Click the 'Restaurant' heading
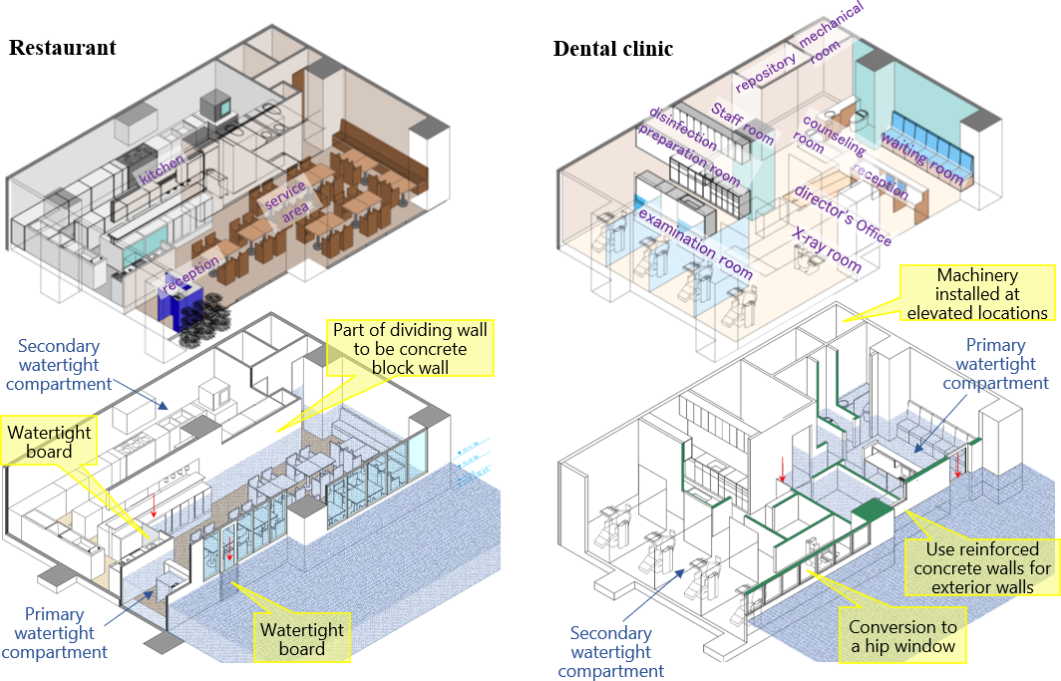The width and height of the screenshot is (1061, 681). click(62, 48)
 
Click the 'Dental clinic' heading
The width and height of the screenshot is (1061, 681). click(613, 49)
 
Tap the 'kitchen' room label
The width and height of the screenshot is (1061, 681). click(162, 170)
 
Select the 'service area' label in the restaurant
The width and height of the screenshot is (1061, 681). click(283, 202)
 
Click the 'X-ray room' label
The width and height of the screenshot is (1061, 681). click(826, 248)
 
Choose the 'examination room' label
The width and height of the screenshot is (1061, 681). click(695, 243)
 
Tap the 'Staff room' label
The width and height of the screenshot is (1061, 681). click(742, 123)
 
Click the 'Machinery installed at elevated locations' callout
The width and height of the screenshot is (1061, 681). click(976, 293)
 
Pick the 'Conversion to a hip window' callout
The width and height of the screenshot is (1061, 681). click(902, 636)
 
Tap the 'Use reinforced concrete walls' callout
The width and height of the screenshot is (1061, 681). click(982, 567)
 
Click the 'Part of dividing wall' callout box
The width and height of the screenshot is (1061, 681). click(413, 348)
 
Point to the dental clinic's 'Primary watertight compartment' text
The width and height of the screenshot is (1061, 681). click(995, 364)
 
